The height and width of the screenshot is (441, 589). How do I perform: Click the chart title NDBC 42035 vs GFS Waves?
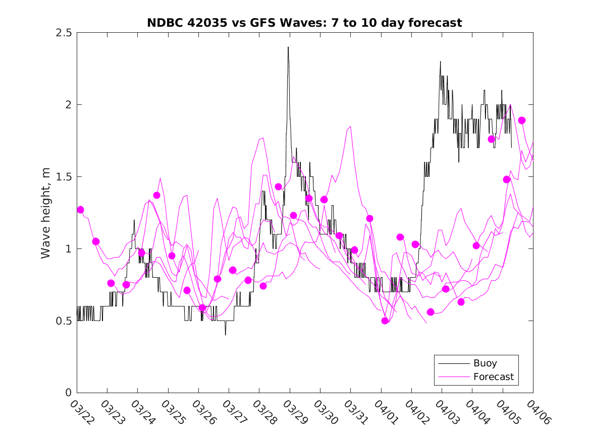(304, 23)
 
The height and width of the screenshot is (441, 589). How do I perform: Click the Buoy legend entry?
(485, 363)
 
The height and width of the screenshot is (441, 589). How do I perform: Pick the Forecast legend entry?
(493, 376)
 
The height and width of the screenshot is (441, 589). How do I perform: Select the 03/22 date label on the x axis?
(81, 412)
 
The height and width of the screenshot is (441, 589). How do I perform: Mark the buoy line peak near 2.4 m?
(288, 47)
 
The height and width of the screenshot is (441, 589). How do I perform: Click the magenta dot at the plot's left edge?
(80, 210)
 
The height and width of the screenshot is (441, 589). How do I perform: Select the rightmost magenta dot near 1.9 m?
(522, 120)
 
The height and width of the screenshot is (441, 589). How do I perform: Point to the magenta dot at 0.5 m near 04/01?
(385, 321)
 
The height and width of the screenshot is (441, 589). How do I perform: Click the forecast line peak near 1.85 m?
(350, 127)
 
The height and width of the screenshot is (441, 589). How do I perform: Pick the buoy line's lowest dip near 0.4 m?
(225, 335)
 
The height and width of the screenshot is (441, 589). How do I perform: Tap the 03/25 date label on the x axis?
(173, 412)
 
